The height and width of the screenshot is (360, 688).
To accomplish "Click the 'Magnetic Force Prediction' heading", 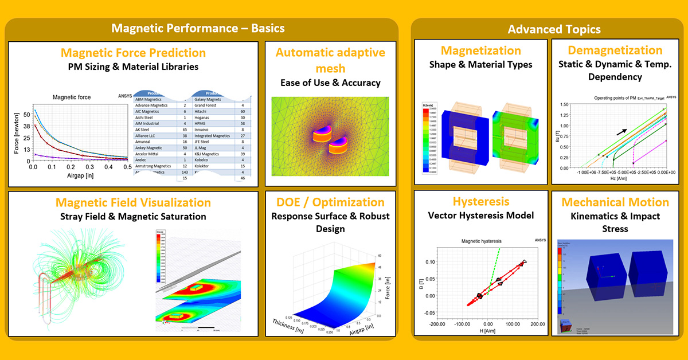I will click(x=133, y=53).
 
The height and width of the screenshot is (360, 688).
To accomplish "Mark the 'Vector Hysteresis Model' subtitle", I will click(x=480, y=216).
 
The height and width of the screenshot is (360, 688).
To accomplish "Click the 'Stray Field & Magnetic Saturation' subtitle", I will click(x=133, y=217).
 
